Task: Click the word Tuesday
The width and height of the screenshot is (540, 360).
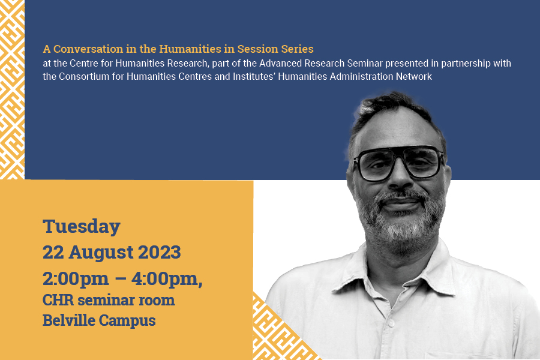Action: pos(81,227)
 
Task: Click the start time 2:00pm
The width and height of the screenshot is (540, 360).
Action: pos(76,279)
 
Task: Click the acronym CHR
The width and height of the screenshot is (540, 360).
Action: pos(58,300)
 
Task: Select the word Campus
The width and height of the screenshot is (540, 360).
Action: pos(127,321)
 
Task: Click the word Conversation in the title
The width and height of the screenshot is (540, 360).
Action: pos(88,49)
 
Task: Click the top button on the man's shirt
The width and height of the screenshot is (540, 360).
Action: pos(389,324)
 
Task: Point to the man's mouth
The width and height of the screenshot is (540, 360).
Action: pos(402,203)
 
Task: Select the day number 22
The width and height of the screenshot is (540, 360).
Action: pos(53,252)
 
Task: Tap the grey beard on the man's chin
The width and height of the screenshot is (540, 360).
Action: pos(402,229)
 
